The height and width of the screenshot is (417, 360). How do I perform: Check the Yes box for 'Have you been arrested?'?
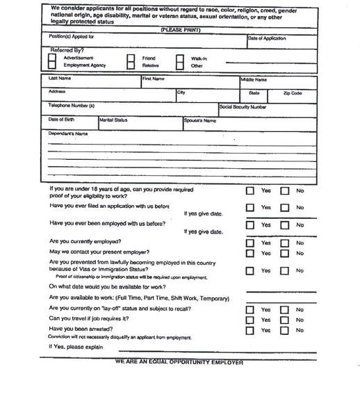250,330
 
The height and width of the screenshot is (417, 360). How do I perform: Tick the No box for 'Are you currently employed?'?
284,243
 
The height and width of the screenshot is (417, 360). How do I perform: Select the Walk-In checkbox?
179,59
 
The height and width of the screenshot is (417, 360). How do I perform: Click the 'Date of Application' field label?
267,38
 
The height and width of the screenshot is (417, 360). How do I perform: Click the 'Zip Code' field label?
292,92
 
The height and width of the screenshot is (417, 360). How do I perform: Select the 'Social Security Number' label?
243,107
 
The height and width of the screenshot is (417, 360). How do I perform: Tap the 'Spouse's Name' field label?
200,120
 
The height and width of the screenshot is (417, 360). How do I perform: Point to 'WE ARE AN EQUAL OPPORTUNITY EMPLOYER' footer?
179,362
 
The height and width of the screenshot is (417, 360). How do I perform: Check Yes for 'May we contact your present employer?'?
250,253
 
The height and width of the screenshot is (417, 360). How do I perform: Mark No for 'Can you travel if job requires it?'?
284,320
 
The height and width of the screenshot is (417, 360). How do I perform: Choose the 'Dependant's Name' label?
68,133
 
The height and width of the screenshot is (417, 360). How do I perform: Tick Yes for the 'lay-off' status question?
250,310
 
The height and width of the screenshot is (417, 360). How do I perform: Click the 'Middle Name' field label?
254,80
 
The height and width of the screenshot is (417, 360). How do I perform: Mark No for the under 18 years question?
284,190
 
